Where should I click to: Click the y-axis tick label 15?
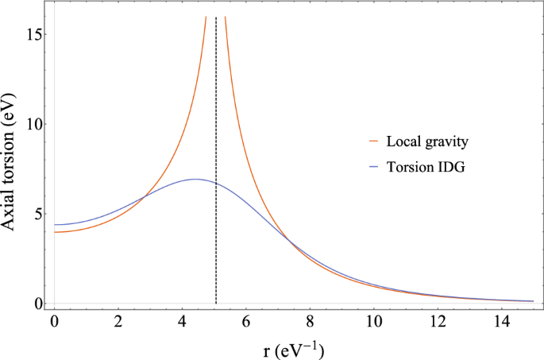[34, 34]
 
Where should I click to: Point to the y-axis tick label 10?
[34, 124]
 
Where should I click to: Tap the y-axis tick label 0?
[37, 303]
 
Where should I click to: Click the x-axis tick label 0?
[54, 322]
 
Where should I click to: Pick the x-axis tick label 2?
[118, 322]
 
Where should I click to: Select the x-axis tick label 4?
[182, 322]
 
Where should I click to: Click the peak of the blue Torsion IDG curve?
[195, 179]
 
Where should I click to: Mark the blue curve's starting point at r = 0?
[55, 225]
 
